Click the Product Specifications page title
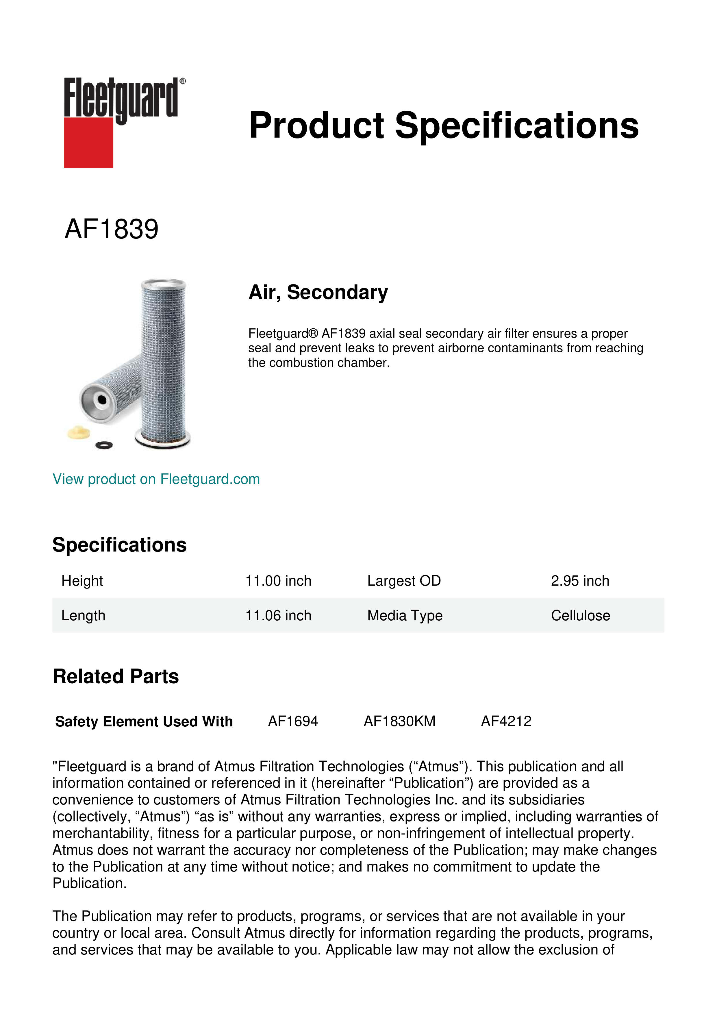444,125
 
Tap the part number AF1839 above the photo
111,229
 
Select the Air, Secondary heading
318,292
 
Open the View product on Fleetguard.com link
156,479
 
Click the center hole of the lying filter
102,400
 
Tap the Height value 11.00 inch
278,581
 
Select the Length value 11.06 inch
278,616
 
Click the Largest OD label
404,581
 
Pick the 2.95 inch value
580,581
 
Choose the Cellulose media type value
580,616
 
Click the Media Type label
404,616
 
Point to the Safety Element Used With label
144,722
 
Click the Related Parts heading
116,677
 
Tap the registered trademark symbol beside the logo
183,81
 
